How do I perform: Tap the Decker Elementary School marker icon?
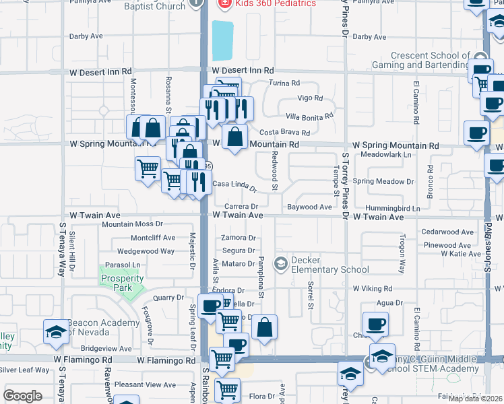pyautogui.click(x=280, y=261)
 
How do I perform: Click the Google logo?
pyautogui.click(x=22, y=396)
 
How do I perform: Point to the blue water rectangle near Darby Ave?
pyautogui.click(x=222, y=40)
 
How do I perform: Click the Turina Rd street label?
pyautogui.click(x=284, y=83)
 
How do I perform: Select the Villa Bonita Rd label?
pyautogui.click(x=309, y=116)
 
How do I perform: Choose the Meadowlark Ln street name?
pyautogui.click(x=385, y=155)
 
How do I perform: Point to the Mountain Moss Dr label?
pyautogui.click(x=133, y=224)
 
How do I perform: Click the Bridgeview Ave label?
pyautogui.click(x=106, y=349)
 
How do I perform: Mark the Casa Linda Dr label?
pyautogui.click(x=235, y=184)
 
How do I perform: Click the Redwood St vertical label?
pyautogui.click(x=274, y=170)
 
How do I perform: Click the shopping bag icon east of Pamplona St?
pyautogui.click(x=265, y=328)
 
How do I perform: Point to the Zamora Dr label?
pyautogui.click(x=239, y=238)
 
